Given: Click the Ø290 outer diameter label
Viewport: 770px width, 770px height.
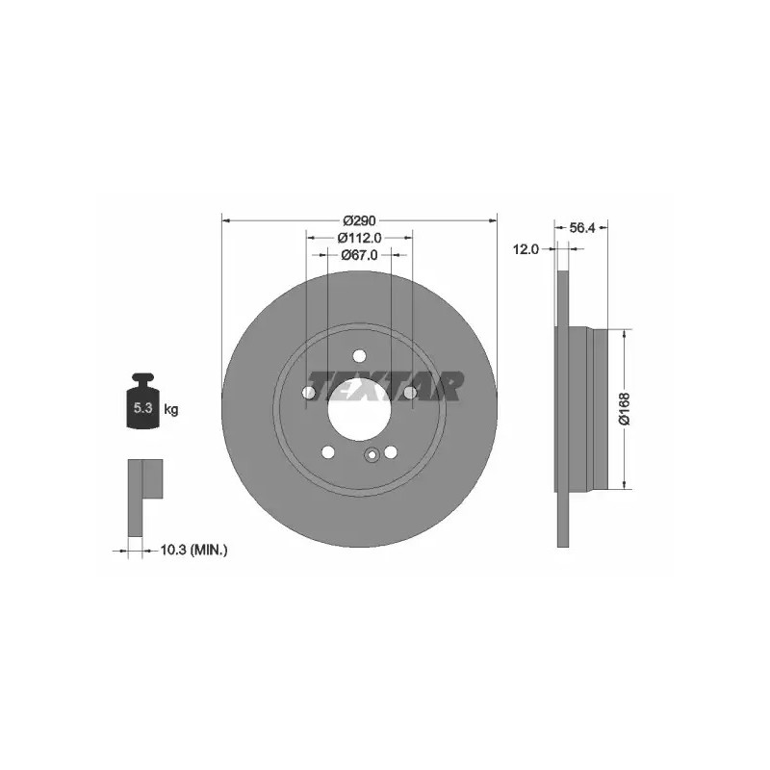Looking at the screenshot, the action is (x=359, y=220).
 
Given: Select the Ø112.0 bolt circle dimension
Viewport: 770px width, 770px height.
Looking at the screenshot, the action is (x=359, y=238).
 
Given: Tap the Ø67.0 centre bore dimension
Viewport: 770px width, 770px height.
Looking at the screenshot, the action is (x=359, y=255).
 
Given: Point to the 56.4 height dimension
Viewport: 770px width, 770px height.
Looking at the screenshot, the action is (x=582, y=227).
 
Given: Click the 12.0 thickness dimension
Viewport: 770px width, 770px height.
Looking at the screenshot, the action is (x=526, y=249).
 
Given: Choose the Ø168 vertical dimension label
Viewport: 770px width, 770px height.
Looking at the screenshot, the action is (x=624, y=408).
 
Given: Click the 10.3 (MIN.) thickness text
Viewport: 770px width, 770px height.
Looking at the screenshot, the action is (x=194, y=550).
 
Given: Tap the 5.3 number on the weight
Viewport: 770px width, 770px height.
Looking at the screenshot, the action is (x=142, y=407).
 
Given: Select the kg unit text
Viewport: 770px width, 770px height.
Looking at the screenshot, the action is (x=171, y=409).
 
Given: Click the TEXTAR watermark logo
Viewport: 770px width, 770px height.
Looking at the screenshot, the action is (x=386, y=386).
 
